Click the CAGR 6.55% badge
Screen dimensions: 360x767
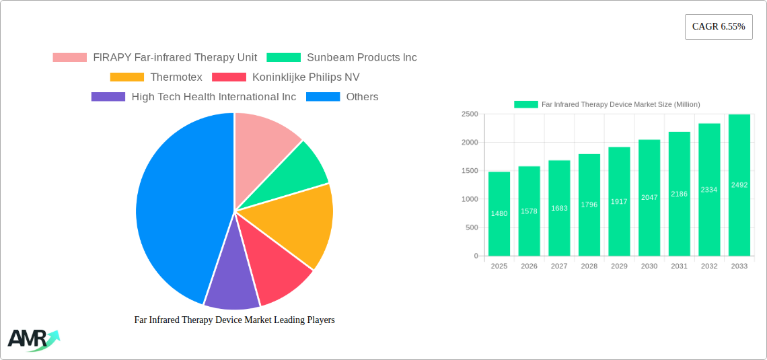[718, 27]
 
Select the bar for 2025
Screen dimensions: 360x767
[499, 214]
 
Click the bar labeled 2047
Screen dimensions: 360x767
[649, 197]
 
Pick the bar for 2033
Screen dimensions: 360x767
[739, 185]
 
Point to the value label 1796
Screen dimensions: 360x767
[589, 205]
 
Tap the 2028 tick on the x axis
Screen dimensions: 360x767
[589, 266]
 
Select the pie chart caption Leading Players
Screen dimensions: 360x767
[234, 320]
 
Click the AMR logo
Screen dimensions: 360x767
[32, 340]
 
